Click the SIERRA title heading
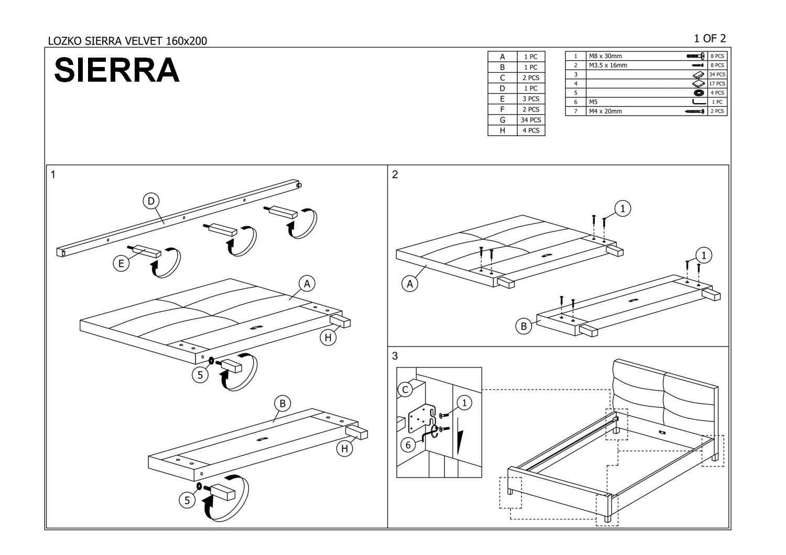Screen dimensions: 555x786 click(117, 70)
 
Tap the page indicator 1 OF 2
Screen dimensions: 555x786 click(709, 38)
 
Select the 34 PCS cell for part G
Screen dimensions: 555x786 click(531, 120)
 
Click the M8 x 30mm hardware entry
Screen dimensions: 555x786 click(605, 56)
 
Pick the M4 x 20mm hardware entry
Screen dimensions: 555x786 click(605, 111)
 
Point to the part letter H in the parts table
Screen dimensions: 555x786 click(502, 130)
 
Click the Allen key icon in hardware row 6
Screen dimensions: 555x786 click(699, 102)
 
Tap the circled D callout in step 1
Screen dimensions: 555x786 click(151, 201)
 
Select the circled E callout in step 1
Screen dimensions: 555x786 click(121, 263)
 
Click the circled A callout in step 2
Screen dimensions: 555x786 click(410, 284)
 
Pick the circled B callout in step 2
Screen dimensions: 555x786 click(523, 327)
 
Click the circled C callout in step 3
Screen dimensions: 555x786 click(405, 390)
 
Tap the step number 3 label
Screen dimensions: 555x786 click(395, 356)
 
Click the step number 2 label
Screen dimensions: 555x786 click(395, 175)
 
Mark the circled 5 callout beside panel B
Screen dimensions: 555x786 click(187, 500)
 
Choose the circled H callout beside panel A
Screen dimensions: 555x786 click(328, 338)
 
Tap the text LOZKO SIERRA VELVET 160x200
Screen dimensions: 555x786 click(127, 41)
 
